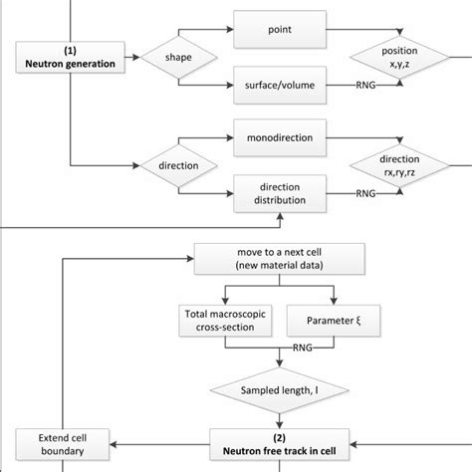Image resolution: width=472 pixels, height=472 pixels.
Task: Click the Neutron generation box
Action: (71, 57)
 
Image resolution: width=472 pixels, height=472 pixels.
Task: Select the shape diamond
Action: (179, 57)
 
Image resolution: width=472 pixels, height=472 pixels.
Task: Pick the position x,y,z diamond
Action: (399, 57)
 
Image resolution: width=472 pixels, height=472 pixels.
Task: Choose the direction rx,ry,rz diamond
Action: (399, 164)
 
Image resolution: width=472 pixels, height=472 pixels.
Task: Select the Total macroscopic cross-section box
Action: (223, 322)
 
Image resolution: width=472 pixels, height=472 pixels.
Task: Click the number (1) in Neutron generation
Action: (71, 50)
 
